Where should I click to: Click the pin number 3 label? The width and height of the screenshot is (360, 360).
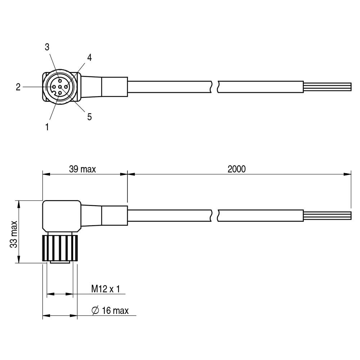[47, 47]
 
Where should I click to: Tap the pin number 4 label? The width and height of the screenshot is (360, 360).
[89, 57]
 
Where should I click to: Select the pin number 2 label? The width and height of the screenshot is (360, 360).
[18, 87]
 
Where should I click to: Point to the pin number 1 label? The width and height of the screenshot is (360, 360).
[47, 127]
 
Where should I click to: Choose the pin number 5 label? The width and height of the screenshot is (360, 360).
[89, 117]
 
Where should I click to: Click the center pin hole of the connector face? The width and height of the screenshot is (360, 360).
[60, 87]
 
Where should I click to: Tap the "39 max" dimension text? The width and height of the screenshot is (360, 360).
[82, 169]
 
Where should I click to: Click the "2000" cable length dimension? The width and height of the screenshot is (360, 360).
[237, 169]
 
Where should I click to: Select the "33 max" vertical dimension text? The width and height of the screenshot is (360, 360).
[14, 234]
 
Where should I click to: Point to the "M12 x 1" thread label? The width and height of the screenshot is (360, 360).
[105, 289]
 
